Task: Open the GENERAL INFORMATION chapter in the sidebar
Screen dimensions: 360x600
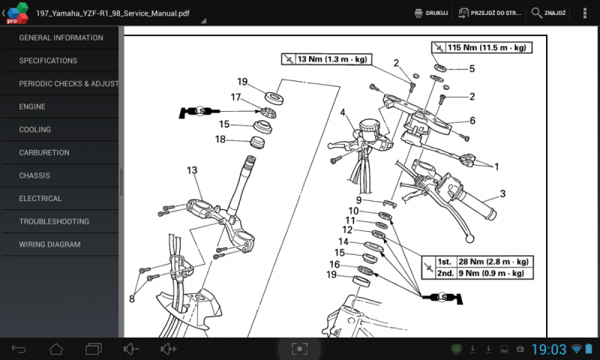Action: [x=61, y=37]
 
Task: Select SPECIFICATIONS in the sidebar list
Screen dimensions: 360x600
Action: [x=48, y=61]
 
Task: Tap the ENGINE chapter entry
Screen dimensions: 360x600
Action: [x=32, y=106]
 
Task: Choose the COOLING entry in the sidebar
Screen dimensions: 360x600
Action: [x=34, y=130]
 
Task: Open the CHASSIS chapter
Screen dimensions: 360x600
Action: [x=34, y=175]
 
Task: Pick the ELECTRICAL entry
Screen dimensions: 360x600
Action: [x=40, y=199]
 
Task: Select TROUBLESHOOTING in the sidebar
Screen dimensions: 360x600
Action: [x=54, y=221]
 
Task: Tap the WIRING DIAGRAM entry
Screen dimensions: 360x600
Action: [x=49, y=244]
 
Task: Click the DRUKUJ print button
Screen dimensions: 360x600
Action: [x=431, y=13]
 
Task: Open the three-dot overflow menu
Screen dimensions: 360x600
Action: [x=585, y=13]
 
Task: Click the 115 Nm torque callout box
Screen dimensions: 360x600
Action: [x=481, y=47]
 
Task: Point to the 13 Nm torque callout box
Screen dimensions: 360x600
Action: [x=325, y=58]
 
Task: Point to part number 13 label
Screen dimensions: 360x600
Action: [x=192, y=170]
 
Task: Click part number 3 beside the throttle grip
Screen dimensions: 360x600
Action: [x=502, y=193]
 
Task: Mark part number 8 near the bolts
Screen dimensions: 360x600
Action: [x=131, y=299]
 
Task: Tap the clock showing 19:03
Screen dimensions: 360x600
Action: [x=549, y=349]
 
